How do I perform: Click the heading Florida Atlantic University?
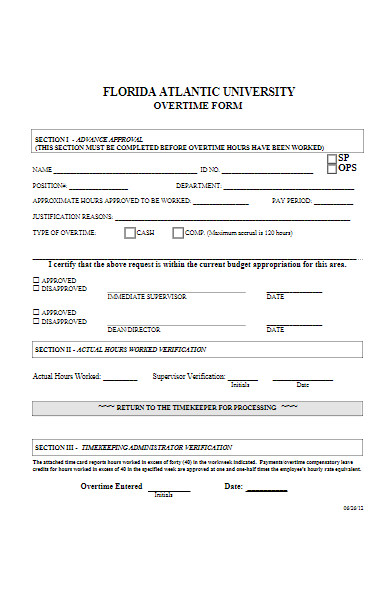pos(199,91)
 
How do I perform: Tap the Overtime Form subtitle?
pos(198,105)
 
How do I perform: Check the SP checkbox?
pos(332,159)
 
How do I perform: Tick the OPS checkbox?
pos(332,169)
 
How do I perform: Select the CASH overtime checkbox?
pos(129,232)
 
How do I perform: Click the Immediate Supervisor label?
pos(146,297)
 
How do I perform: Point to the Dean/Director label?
pos(134,330)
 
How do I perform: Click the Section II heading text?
pos(120,349)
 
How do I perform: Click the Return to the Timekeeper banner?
pos(198,408)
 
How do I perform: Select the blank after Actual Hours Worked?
pos(121,380)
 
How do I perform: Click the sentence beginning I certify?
pos(190,264)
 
